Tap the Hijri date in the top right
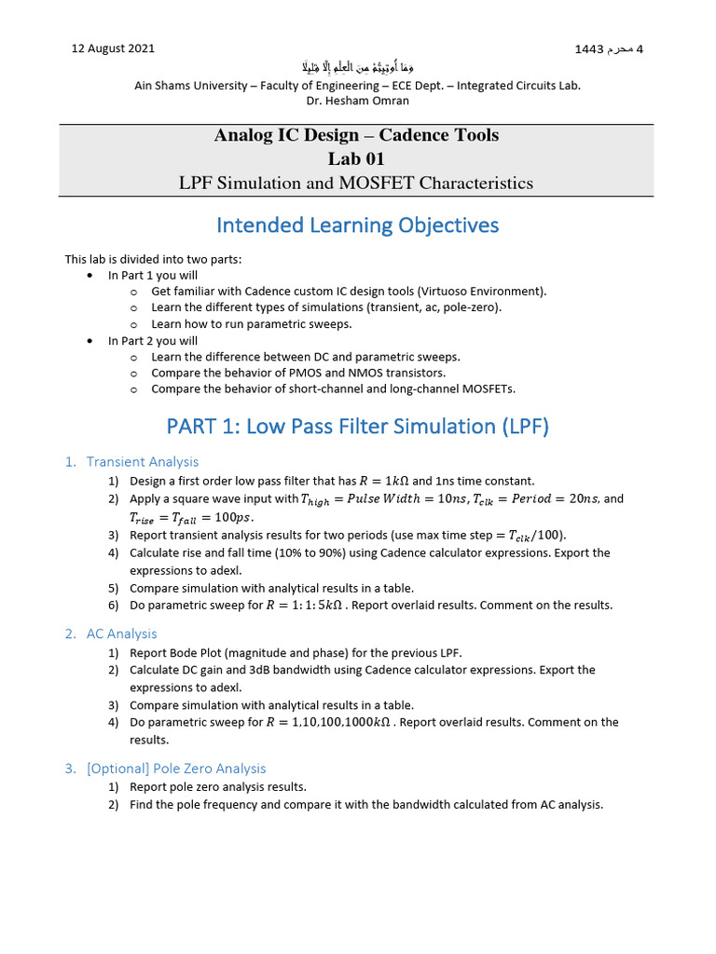(x=612, y=48)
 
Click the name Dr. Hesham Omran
(x=357, y=101)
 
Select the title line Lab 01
(x=356, y=158)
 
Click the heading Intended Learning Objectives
(x=357, y=225)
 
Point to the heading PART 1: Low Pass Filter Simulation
(x=357, y=427)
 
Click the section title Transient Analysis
(x=142, y=461)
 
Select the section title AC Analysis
(x=121, y=634)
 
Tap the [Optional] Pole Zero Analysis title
(x=175, y=769)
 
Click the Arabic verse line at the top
(x=357, y=67)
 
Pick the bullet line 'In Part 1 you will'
(x=152, y=276)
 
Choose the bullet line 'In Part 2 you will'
(x=152, y=341)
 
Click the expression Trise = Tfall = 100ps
(x=190, y=517)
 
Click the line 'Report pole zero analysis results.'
(x=217, y=786)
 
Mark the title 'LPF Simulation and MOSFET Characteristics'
(x=356, y=183)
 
